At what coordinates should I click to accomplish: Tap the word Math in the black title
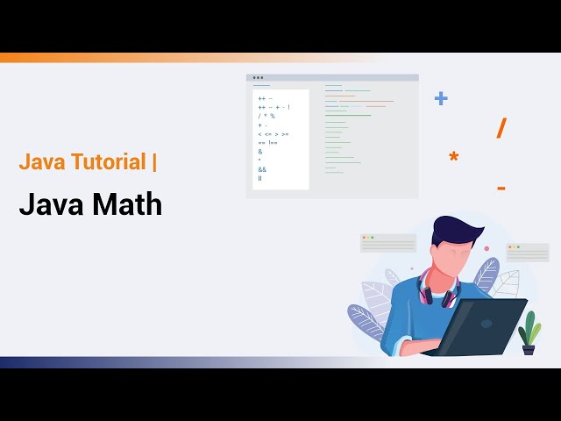coord(126,205)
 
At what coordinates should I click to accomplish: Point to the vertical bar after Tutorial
coord(155,161)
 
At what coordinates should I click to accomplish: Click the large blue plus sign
coord(441,98)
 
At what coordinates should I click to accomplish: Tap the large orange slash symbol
coord(501,128)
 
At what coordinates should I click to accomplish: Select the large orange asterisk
coord(453,158)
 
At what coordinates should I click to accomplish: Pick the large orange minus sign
coord(501,188)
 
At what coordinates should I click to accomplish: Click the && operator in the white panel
coord(262,169)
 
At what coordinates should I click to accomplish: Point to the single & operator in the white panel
coord(260,151)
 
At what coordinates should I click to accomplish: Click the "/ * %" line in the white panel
coord(266,116)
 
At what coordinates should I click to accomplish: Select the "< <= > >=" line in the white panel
coord(273,133)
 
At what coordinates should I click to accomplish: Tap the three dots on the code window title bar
coord(259,78)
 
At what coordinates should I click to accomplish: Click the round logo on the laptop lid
coord(486,323)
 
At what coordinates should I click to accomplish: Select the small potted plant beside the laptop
coord(529,332)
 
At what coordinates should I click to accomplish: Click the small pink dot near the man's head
coord(486,248)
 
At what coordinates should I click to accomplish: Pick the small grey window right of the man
coord(528,253)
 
